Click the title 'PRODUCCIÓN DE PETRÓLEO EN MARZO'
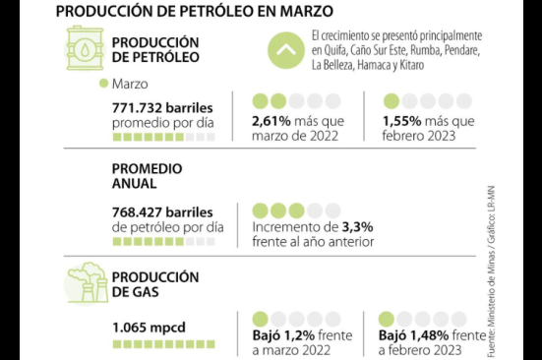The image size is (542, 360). [x=193, y=12]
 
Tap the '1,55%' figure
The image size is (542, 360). [x=403, y=120]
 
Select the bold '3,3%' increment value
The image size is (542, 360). [x=357, y=226]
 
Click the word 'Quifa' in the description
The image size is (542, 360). [x=331, y=51]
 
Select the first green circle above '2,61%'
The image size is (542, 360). [x=261, y=101]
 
